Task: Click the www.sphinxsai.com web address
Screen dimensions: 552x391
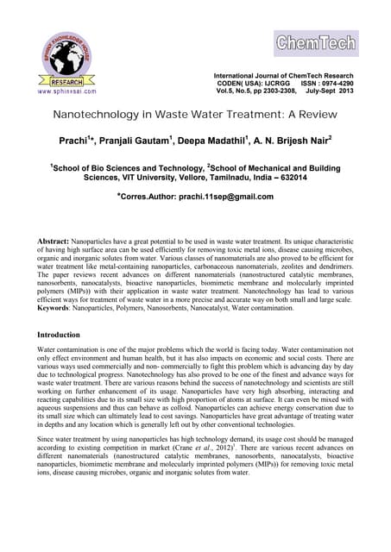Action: [66, 89]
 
